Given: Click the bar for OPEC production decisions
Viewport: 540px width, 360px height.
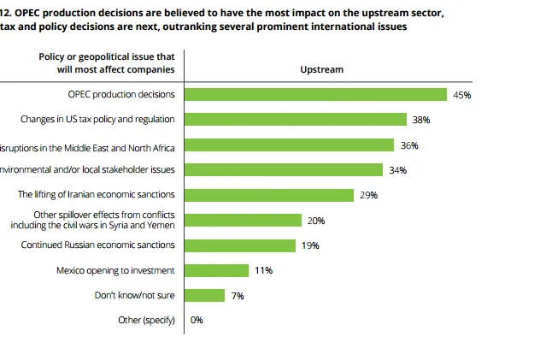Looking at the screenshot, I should pyautogui.click(x=315, y=95).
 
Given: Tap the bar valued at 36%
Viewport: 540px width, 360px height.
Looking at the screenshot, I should pyautogui.click(x=290, y=145).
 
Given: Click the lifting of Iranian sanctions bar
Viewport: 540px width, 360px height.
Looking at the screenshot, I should pyautogui.click(x=269, y=195).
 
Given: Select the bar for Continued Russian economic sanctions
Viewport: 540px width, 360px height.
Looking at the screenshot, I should pyautogui.click(x=240, y=245).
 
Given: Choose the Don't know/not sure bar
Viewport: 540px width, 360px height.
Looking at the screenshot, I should pyautogui.click(x=205, y=295).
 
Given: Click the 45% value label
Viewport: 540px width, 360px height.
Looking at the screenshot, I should pyautogui.click(x=462, y=95).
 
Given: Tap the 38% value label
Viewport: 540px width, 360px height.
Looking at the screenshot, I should pyautogui.click(x=421, y=120).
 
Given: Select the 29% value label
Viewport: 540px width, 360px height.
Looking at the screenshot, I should pyautogui.click(x=369, y=195).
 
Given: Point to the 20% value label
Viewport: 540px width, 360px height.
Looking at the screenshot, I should pyautogui.click(x=316, y=221).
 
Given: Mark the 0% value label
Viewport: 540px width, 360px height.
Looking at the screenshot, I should pyautogui.click(x=197, y=321).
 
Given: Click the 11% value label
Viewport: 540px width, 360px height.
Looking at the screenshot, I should pyautogui.click(x=263, y=270).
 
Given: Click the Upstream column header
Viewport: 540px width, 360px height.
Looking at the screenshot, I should pyautogui.click(x=322, y=69).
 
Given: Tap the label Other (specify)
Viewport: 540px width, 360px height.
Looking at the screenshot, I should pyautogui.click(x=146, y=321).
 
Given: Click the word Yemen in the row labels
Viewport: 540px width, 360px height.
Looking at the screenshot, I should pyautogui.click(x=161, y=225).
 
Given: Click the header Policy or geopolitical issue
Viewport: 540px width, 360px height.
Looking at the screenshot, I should pyautogui.click(x=107, y=56).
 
